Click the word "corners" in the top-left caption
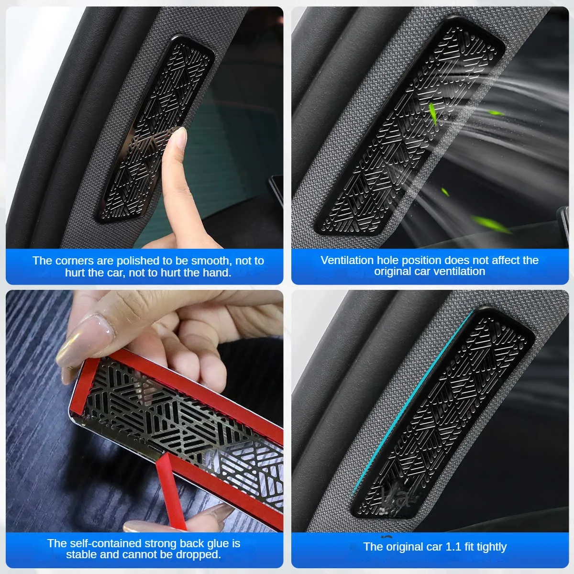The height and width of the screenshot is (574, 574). click(75, 261)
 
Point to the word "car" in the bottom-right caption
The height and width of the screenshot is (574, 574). click(432, 547)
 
